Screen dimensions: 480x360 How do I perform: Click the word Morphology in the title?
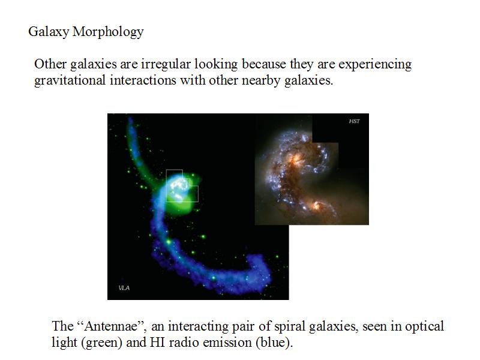108,32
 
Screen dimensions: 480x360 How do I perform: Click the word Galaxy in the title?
49,32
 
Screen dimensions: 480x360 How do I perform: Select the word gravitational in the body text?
70,80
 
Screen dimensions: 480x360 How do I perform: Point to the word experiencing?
375,64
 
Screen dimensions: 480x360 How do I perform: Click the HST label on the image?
354,121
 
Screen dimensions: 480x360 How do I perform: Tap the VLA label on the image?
124,288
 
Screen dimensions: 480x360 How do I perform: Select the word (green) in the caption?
102,342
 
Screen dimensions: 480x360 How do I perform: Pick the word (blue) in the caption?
274,342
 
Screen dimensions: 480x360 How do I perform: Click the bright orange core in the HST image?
296,159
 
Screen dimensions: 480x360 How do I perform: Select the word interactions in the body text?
143,80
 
